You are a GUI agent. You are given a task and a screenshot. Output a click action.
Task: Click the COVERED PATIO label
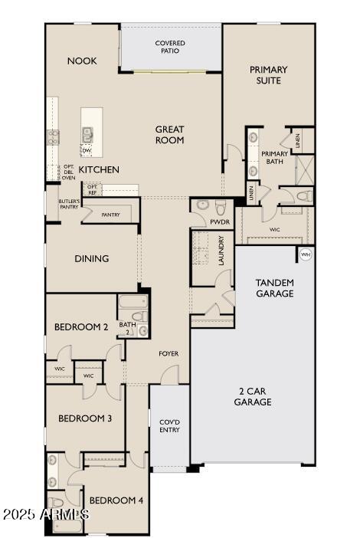tap(170, 48)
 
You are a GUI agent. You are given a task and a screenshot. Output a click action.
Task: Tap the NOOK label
tap(82, 61)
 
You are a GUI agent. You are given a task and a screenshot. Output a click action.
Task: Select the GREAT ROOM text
tap(169, 135)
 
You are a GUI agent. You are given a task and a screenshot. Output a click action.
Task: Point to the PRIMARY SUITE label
tap(269, 75)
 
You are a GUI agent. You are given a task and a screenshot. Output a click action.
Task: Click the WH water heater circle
tap(306, 254)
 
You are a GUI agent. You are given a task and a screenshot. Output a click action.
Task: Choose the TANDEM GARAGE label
tap(274, 287)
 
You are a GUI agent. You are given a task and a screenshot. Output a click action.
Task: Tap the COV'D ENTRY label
tap(169, 425)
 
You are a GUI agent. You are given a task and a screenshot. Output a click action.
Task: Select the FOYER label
tap(169, 353)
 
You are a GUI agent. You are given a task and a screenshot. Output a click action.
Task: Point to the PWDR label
tap(220, 222)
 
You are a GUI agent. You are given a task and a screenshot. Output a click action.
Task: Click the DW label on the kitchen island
tap(87, 150)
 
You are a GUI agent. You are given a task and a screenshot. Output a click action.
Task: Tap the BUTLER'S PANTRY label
tap(68, 205)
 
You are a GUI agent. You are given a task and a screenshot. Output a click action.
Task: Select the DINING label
tap(91, 258)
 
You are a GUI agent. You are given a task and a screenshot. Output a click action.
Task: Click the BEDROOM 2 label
tap(81, 327)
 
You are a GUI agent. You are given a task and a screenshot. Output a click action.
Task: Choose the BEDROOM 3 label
tap(85, 418)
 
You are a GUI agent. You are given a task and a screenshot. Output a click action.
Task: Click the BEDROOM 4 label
tap(116, 500)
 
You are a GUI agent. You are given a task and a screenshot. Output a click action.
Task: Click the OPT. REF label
tap(93, 189)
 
